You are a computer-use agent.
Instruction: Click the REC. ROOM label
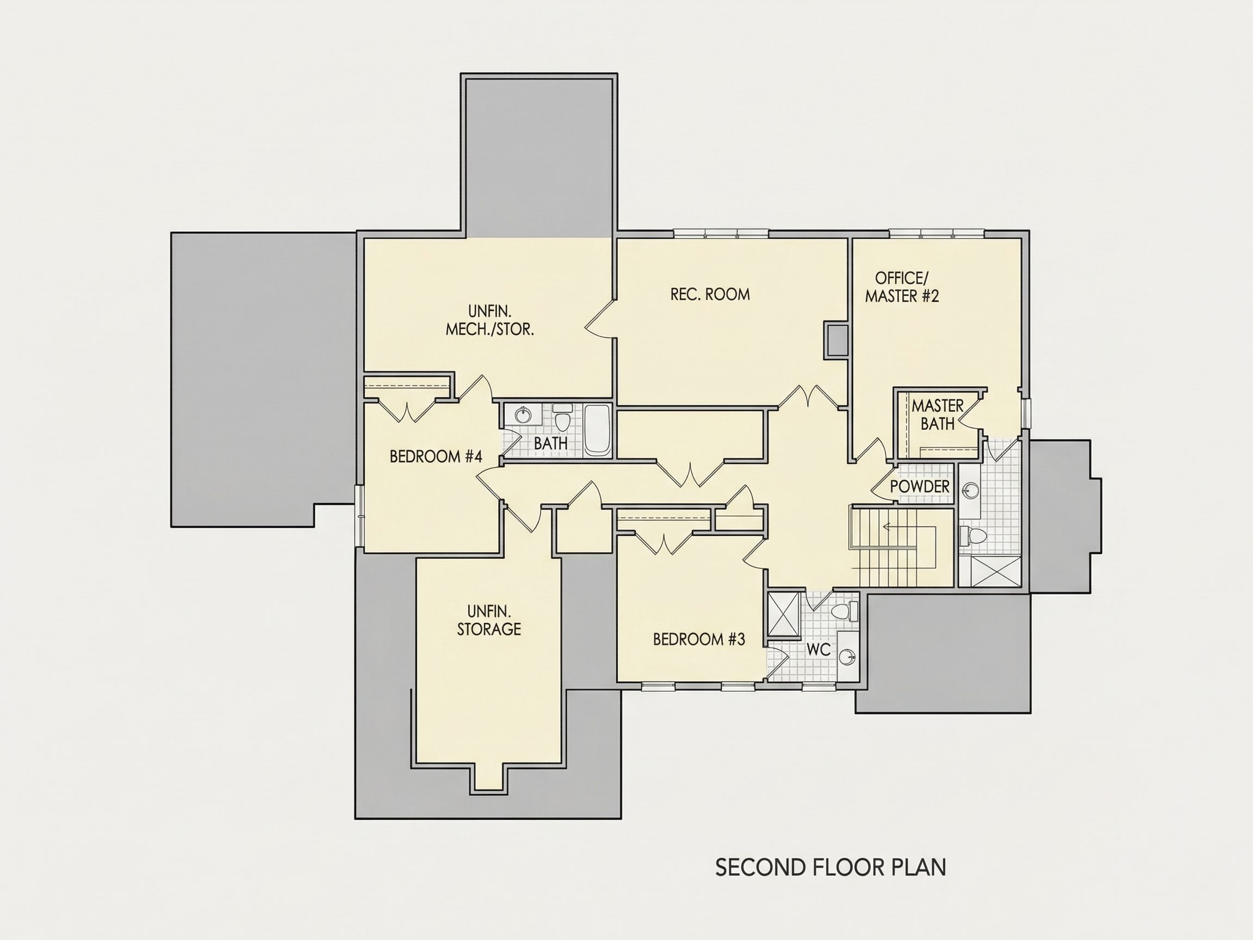710,294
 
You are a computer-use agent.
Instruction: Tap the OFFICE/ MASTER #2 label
902,287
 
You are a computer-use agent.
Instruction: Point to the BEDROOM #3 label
699,639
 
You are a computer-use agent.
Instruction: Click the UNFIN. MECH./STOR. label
490,320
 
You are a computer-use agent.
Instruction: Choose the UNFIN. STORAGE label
489,621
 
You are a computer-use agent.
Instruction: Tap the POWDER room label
920,486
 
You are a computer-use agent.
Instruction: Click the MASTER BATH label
938,414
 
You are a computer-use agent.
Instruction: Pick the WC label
818,650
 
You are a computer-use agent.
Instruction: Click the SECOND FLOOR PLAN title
830,868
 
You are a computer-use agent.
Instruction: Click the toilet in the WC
845,611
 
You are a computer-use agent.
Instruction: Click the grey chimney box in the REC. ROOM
835,340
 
